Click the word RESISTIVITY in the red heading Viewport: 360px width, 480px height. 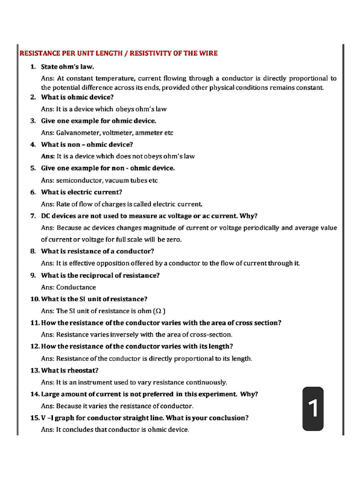(x=150, y=53)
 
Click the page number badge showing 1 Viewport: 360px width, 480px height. (x=313, y=408)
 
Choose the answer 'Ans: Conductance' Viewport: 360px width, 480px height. (x=68, y=287)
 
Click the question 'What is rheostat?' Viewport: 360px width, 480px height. (x=70, y=370)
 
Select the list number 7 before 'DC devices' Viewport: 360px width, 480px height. (x=33, y=216)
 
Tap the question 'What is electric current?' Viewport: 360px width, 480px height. (x=82, y=192)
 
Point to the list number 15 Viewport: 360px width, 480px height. (x=35, y=418)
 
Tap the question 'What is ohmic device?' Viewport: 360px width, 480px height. (x=77, y=97)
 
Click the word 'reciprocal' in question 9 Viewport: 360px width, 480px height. (x=99, y=275)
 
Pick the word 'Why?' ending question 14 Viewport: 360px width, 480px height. (x=249, y=394)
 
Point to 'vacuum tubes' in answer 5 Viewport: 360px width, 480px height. (x=126, y=180)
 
